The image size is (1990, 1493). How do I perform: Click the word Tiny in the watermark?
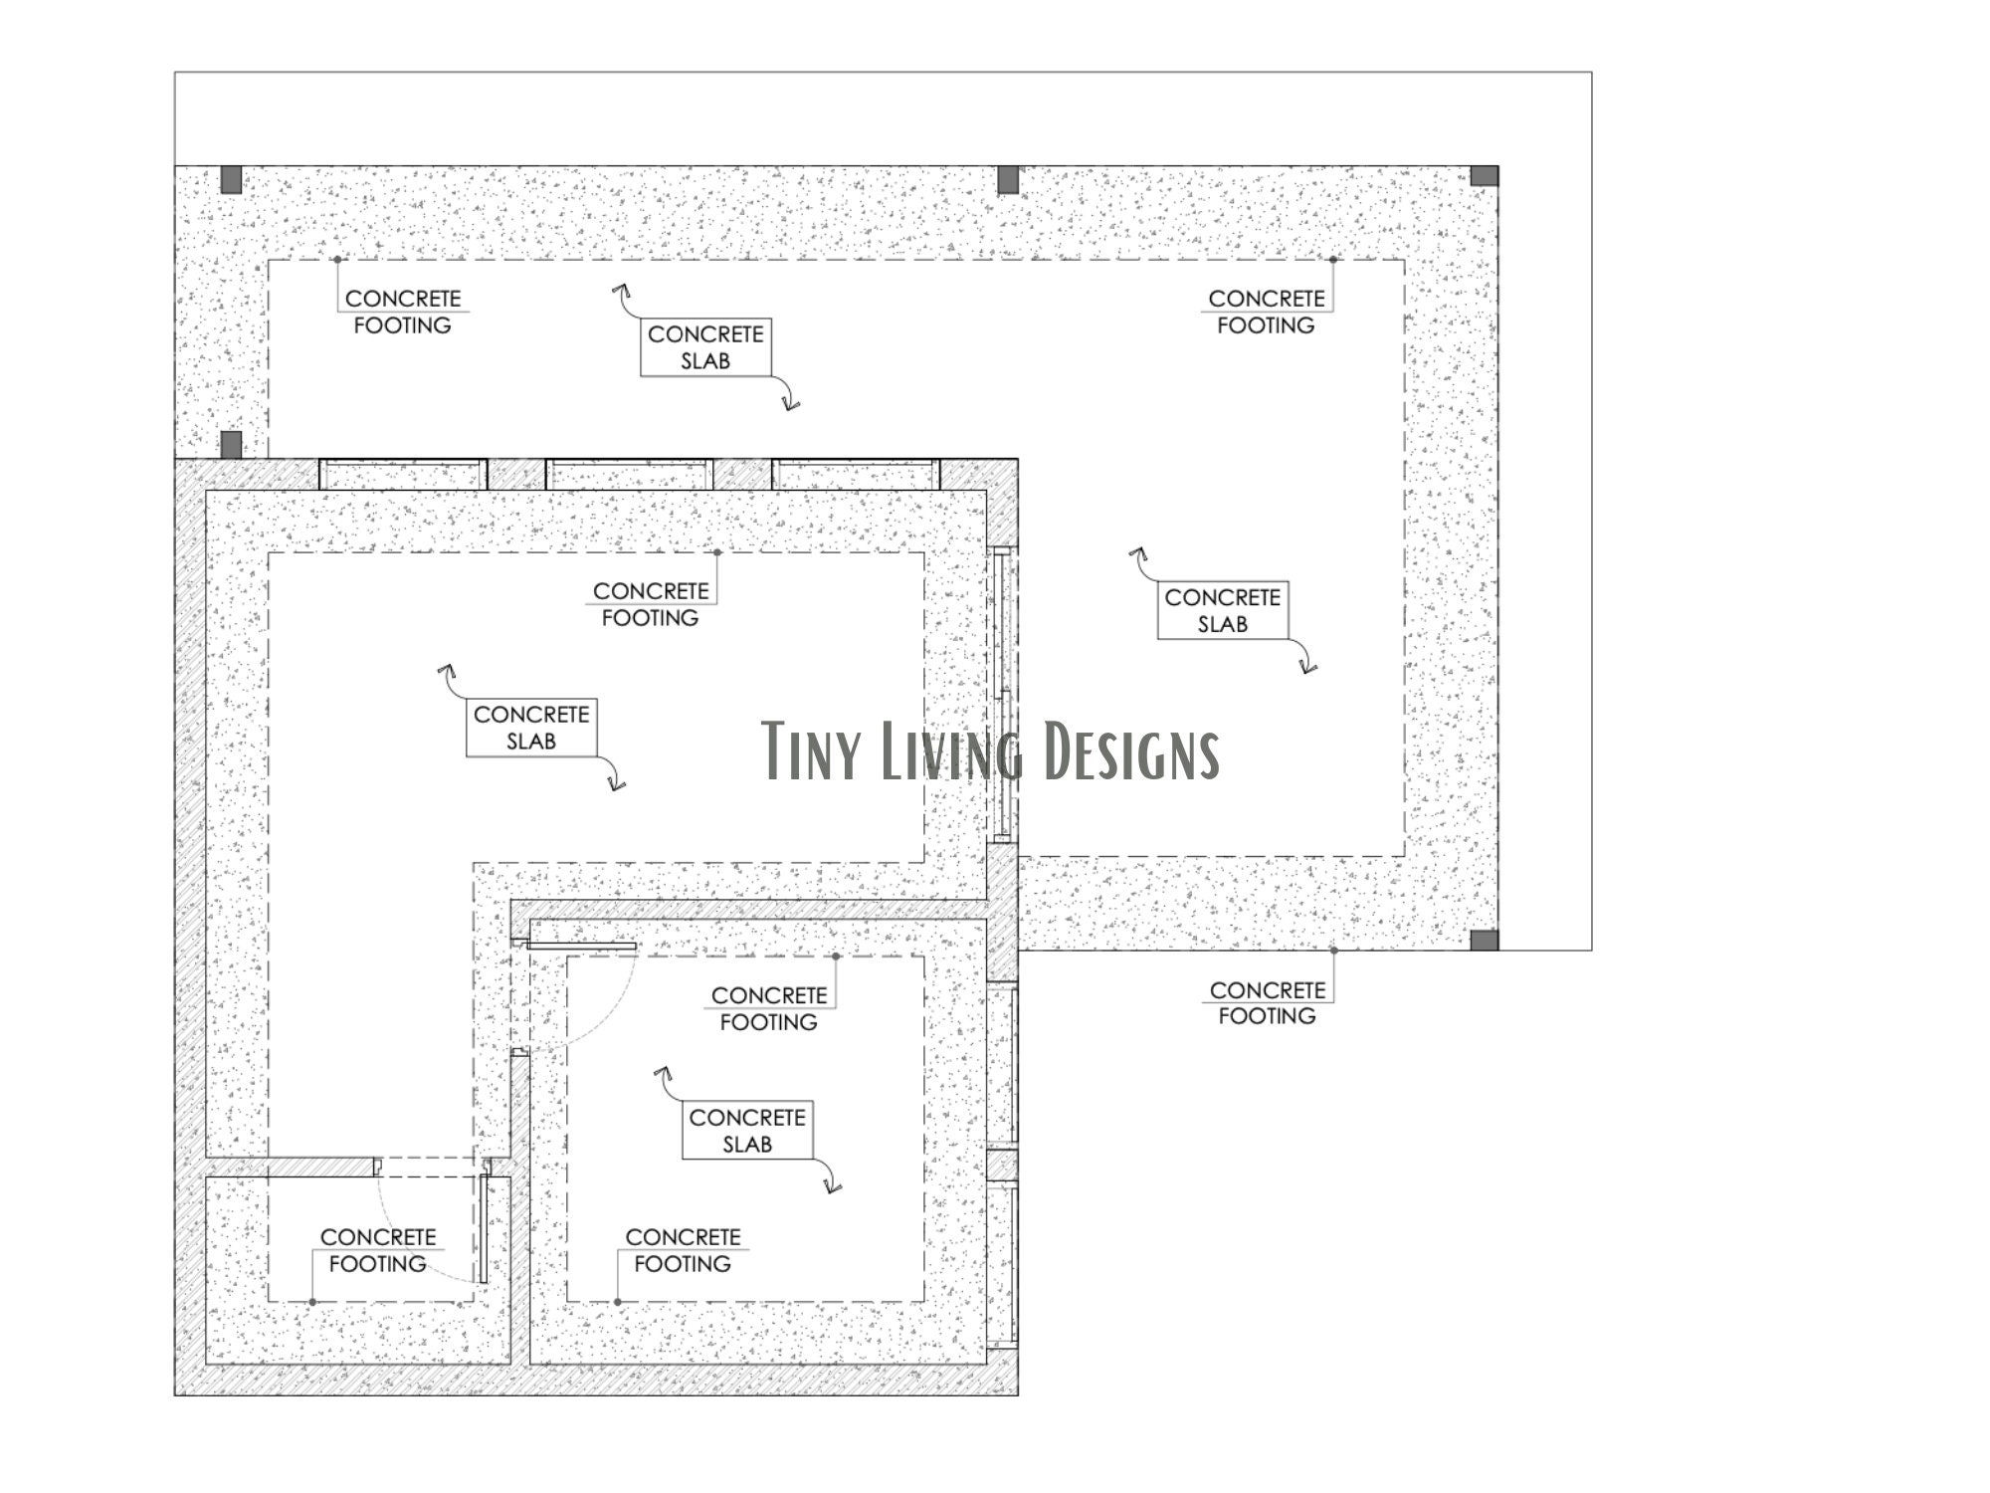point(812,750)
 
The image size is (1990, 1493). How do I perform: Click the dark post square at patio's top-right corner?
point(1484,176)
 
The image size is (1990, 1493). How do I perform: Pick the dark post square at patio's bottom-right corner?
point(1484,941)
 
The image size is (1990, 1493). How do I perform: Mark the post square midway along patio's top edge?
point(1008,180)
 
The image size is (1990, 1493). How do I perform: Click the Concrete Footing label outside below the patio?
point(1267,1002)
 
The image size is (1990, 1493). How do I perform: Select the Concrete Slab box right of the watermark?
point(1223,610)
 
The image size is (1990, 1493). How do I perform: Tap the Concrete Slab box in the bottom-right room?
point(747,1131)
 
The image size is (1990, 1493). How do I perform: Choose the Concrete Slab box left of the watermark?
point(531,728)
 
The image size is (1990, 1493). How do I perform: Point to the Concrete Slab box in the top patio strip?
point(705,347)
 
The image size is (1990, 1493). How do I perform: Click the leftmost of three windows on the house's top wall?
point(403,474)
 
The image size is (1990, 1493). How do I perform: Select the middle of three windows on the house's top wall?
point(629,474)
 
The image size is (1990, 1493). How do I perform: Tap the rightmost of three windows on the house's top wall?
point(856,474)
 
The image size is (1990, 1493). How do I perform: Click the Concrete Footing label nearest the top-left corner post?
point(403,312)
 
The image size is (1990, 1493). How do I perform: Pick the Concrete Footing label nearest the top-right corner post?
point(1266,312)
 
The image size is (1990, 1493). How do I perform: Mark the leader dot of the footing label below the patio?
point(1333,951)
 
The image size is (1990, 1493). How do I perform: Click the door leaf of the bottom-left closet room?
point(484,1228)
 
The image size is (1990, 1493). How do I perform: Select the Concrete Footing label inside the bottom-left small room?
point(378,1250)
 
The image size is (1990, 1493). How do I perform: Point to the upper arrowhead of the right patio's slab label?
point(1136,552)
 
